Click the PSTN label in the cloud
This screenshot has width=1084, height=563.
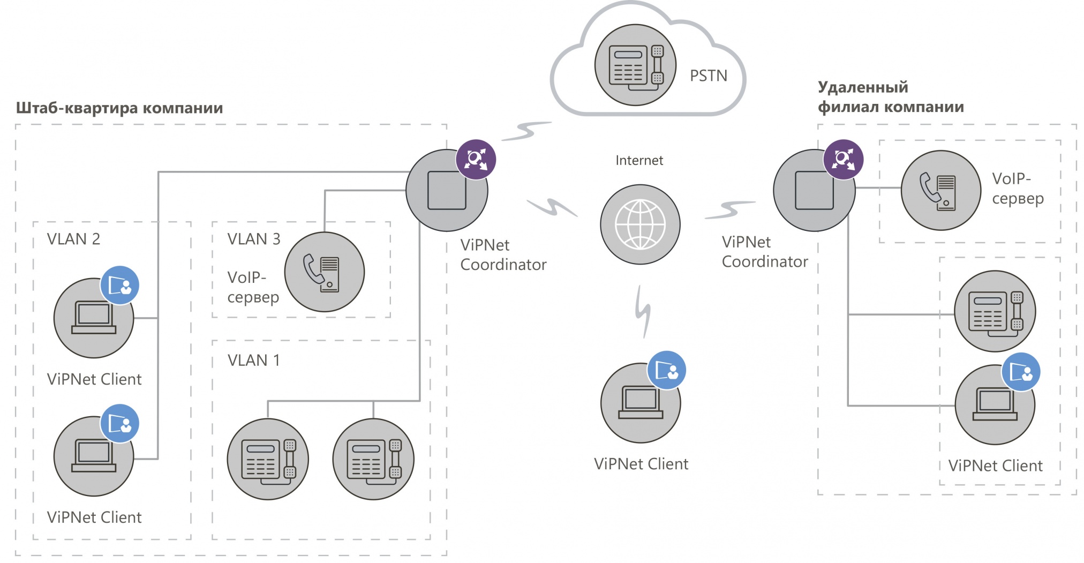click(708, 76)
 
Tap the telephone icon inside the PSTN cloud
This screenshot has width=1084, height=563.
click(635, 65)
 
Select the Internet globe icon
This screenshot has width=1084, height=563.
click(640, 224)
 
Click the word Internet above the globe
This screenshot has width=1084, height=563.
click(639, 160)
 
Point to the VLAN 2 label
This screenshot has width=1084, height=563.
click(73, 239)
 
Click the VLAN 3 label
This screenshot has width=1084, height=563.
click(253, 239)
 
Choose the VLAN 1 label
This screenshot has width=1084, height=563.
click(253, 361)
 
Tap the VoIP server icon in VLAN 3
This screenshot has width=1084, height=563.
click(324, 272)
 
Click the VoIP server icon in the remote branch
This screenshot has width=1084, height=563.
click(940, 190)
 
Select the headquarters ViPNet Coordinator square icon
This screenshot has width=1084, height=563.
click(446, 191)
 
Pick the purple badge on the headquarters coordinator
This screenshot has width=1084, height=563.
click(476, 159)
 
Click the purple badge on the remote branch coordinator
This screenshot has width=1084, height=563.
click(843, 159)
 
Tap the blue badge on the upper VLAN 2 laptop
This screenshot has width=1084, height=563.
click(119, 285)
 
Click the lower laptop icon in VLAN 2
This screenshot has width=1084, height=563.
click(94, 456)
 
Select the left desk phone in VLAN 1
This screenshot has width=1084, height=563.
click(268, 459)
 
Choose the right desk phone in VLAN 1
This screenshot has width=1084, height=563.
click(373, 459)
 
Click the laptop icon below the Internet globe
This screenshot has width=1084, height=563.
click(641, 403)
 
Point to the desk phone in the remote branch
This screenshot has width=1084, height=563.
click(995, 311)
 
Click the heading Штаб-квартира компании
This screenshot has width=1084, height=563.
click(119, 108)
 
